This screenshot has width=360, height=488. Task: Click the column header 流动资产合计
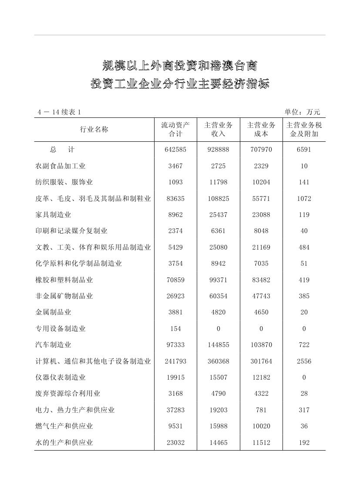(175, 130)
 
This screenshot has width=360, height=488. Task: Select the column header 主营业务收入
(218, 130)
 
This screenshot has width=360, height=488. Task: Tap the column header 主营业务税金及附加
(304, 130)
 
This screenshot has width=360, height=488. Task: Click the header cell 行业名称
(94, 130)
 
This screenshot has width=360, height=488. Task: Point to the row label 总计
(62, 150)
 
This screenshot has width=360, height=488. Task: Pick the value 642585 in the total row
(175, 150)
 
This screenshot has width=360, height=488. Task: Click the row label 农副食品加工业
(61, 166)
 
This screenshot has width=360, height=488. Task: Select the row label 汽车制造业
(53, 345)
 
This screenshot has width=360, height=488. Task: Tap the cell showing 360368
(218, 361)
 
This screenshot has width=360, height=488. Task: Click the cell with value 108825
(218, 199)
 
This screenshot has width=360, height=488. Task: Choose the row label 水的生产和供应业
(64, 443)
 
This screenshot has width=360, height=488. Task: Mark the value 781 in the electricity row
(261, 410)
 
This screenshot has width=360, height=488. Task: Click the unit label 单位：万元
(302, 112)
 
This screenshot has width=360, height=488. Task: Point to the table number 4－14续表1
(59, 112)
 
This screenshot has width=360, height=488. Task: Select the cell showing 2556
(304, 361)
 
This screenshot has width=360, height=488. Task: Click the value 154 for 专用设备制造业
(175, 329)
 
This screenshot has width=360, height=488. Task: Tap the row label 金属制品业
(53, 312)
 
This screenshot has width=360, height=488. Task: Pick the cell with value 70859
(175, 280)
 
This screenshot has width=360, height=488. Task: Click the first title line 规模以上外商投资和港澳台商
(180, 66)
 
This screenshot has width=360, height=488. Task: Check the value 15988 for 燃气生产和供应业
(218, 426)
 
